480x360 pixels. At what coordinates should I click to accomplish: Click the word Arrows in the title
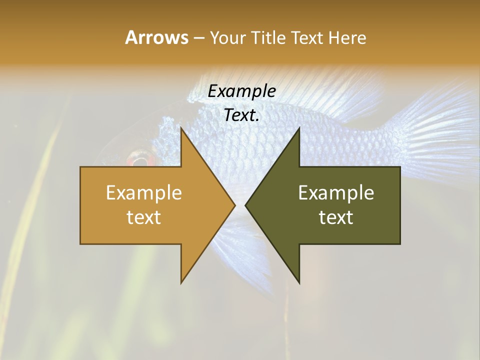156,37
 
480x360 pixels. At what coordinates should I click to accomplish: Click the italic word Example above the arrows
241,91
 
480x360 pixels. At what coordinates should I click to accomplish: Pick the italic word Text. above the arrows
241,115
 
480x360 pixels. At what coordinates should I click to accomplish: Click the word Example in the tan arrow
143,192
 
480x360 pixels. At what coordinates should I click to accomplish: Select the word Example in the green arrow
336,192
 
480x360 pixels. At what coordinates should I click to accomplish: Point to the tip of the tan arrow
234,205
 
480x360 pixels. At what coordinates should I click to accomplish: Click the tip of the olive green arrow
246,205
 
